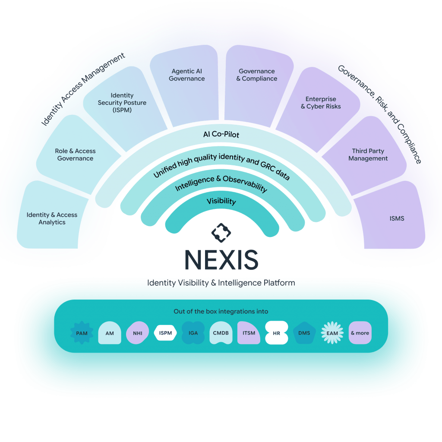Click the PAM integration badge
[x=82, y=333]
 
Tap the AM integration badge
[x=110, y=333]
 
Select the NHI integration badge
[x=137, y=333]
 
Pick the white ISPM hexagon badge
[x=165, y=333]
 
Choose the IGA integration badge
[x=193, y=333]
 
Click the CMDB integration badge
[x=221, y=333]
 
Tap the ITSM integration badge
[x=249, y=333]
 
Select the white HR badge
[x=276, y=333]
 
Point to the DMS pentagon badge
[x=304, y=333]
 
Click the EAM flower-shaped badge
[x=332, y=333]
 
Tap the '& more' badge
[x=360, y=333]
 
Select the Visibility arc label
[x=221, y=201]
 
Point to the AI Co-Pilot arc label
[x=221, y=135]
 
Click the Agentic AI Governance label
[x=187, y=75]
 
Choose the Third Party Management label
[x=368, y=155]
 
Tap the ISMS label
[x=397, y=218]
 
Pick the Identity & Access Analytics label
[x=52, y=218]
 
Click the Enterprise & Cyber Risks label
[x=321, y=103]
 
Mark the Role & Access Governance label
[x=75, y=155]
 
